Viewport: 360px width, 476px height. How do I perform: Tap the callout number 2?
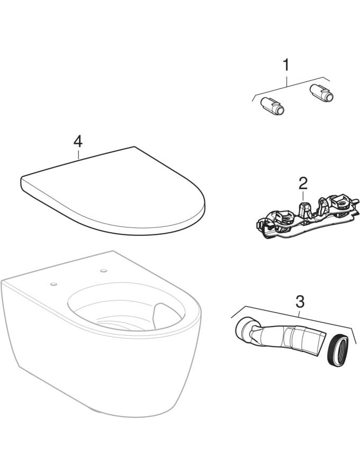pos(303,183)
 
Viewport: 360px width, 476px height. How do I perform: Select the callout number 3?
pos(300,301)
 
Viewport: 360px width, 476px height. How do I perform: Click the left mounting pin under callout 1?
pos(272,106)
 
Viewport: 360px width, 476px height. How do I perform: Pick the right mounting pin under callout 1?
pos(321,93)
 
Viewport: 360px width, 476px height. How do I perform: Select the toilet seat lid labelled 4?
pos(113,191)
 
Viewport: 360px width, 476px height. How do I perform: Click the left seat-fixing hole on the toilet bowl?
pos(54,284)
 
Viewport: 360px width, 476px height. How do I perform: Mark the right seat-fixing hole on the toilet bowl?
pos(104,270)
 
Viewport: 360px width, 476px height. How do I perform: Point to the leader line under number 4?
pos(78,154)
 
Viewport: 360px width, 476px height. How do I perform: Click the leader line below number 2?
pos(303,195)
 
